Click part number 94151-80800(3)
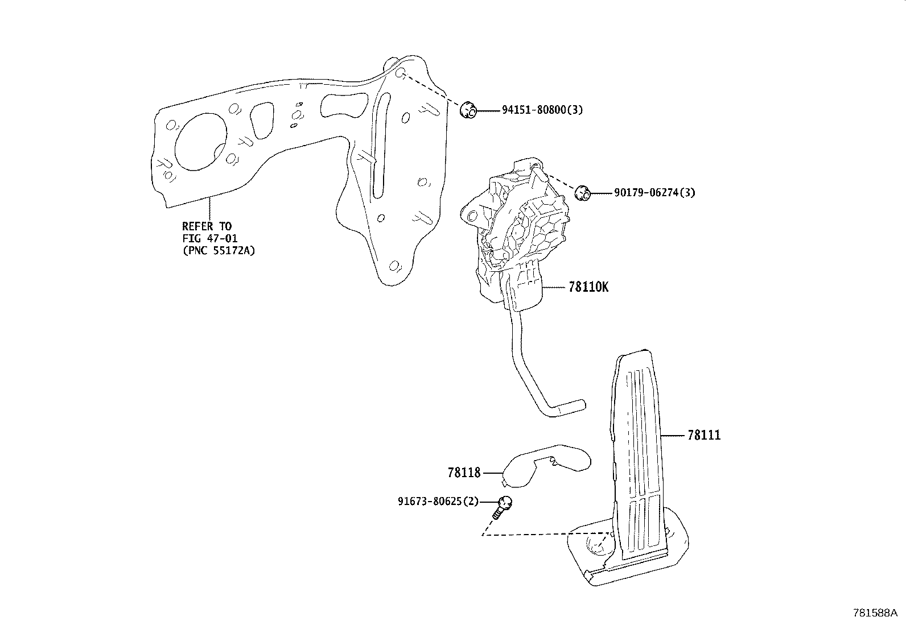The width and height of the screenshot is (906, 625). pyautogui.click(x=542, y=110)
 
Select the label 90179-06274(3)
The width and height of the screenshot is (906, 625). pyautogui.click(x=654, y=193)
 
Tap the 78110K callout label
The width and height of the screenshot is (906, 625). pyautogui.click(x=588, y=287)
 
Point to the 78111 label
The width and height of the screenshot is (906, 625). pyautogui.click(x=704, y=436)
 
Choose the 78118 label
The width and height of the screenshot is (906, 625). pyautogui.click(x=464, y=473)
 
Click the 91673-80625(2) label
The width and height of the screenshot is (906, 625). pyautogui.click(x=438, y=502)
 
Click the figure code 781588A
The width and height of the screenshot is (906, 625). pyautogui.click(x=875, y=613)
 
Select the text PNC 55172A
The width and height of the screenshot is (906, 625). pyautogui.click(x=219, y=250)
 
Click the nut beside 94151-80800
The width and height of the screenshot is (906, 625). pyautogui.click(x=468, y=110)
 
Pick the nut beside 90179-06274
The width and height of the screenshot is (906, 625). pyautogui.click(x=581, y=193)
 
